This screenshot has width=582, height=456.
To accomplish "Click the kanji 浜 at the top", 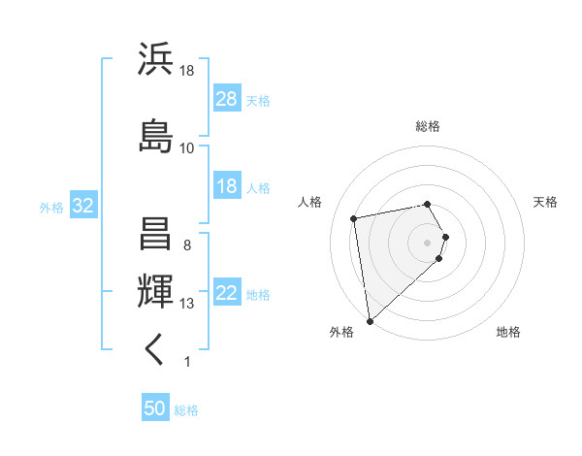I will (155, 60).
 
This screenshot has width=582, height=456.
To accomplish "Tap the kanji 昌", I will (155, 233).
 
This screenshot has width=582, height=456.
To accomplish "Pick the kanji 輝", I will (155, 290).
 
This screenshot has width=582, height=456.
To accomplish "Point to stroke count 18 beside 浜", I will (187, 72).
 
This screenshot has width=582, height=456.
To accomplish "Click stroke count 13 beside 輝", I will (187, 304).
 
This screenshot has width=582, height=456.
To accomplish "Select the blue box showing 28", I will (226, 99).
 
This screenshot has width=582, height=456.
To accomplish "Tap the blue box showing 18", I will (226, 186).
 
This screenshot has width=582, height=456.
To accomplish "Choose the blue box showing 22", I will (226, 294).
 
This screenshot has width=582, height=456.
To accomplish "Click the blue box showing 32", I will (82, 206).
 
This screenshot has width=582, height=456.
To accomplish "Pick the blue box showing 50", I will (155, 408).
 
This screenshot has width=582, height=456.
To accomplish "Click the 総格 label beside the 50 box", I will (186, 409).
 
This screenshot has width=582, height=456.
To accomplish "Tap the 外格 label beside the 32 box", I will (51, 207).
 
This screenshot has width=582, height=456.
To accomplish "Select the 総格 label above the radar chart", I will (428, 126).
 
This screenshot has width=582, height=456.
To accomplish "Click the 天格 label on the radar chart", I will (546, 202).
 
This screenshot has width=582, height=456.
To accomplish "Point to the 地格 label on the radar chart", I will (508, 332).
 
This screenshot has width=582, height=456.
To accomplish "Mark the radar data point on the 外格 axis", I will (369, 321).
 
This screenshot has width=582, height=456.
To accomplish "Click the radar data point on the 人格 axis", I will (354, 217).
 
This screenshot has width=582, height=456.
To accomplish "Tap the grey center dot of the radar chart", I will (428, 242).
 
